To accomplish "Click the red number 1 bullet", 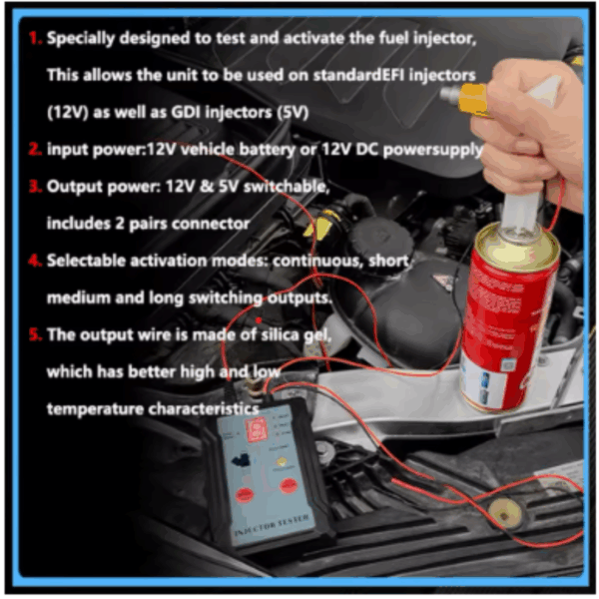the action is click(35, 38).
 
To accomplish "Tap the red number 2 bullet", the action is click(35, 149).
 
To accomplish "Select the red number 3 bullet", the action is click(35, 186).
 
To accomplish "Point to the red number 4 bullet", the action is click(35, 261).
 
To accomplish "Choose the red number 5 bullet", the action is click(35, 334).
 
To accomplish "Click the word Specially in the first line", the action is click(81, 39).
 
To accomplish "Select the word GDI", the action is click(186, 112).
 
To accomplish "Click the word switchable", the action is click(287, 187).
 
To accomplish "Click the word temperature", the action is click(95, 409).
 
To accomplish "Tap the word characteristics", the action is click(204, 409).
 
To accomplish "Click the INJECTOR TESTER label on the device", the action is click(272, 526).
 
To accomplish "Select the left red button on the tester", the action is click(245, 495).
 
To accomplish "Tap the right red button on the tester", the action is click(289, 485).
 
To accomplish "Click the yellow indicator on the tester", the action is click(282, 462).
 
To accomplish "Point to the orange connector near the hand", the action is click(473, 99).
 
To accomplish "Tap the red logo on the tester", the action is click(257, 429).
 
